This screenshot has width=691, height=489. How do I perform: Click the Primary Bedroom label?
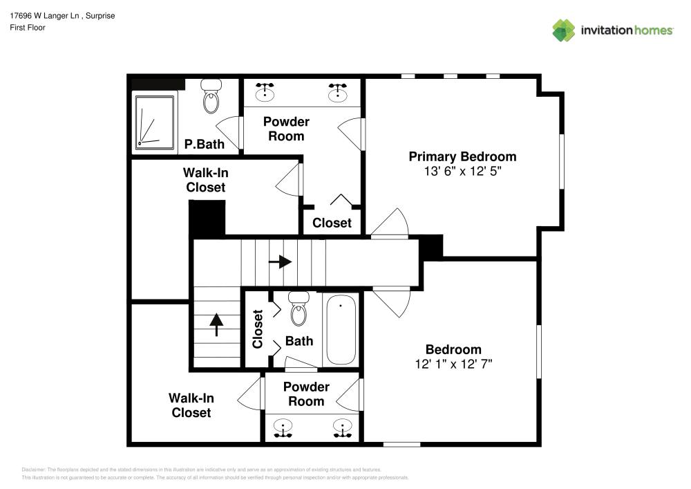462,156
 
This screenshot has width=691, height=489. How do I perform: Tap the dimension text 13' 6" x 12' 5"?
462,172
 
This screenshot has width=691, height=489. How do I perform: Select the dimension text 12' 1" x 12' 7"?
453,365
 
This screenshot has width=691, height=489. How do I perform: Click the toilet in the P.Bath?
211,97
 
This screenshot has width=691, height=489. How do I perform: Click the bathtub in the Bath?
341,330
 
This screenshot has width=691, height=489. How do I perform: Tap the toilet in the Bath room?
299,308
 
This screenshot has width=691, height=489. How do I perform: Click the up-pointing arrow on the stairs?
217,324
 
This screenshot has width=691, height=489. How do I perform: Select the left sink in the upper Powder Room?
265,91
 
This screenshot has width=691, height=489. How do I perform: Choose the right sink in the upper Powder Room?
338,91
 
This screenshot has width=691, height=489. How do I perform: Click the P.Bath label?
204,145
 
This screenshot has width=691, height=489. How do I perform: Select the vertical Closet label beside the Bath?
258,329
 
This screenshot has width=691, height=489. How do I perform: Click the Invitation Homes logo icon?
563,30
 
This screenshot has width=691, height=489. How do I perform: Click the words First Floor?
28,28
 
